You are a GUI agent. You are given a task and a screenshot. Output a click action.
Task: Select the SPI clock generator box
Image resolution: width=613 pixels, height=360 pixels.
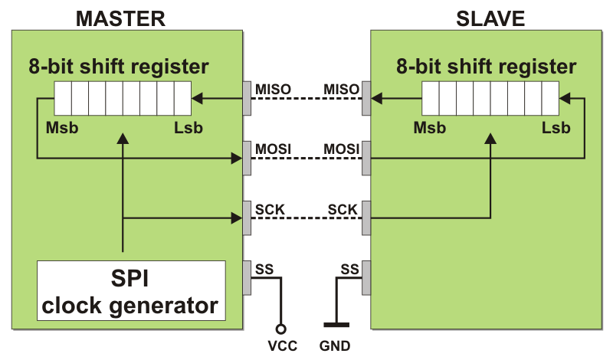[x=130, y=290]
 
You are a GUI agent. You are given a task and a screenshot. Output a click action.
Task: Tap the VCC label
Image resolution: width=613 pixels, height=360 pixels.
[x=283, y=345]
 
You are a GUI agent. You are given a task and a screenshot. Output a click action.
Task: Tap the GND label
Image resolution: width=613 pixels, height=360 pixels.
[x=336, y=345]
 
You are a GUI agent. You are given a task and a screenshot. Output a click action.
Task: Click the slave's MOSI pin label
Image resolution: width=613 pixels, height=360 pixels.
[x=342, y=147]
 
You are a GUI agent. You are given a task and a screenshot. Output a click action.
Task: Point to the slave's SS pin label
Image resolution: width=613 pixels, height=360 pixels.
[x=349, y=269]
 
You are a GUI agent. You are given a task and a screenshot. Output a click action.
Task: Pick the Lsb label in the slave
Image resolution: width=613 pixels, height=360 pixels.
[x=556, y=127]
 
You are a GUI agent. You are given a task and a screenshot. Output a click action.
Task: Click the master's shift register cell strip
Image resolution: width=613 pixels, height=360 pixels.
[x=122, y=98]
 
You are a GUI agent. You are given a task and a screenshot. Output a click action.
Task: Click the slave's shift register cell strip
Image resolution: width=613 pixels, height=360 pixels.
[x=490, y=98]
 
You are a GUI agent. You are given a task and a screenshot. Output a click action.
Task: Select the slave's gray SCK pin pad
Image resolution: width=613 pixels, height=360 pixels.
[x=367, y=218]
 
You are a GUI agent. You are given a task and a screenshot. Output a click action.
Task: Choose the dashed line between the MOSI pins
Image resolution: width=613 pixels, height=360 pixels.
[x=306, y=159]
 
